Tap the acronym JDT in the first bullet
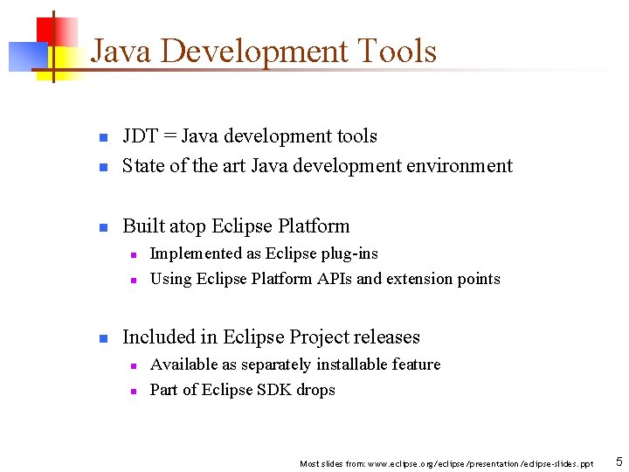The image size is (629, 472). (x=140, y=136)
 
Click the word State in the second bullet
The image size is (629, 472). (x=142, y=166)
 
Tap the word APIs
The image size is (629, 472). (x=334, y=279)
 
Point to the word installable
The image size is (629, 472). (x=356, y=364)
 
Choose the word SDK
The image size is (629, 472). (x=269, y=390)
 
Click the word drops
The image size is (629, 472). (x=315, y=390)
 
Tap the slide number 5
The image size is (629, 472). (x=619, y=462)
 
